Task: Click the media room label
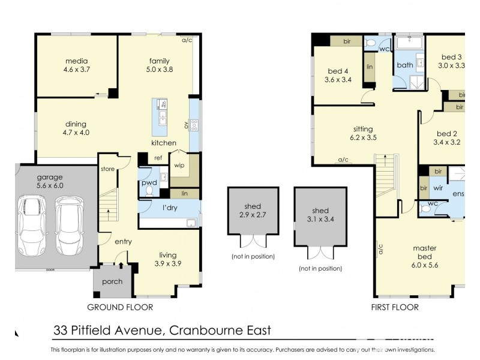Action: tap(76, 61)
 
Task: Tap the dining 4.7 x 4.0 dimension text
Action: tap(76, 133)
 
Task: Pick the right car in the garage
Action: tap(70, 222)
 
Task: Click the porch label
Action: tap(112, 281)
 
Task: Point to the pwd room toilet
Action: tap(150, 192)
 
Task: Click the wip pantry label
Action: tap(179, 165)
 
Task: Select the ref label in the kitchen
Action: tap(158, 158)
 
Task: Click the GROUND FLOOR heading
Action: tap(120, 307)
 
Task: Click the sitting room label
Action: tap(363, 129)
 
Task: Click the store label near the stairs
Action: tap(107, 169)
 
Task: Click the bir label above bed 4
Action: tap(347, 41)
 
